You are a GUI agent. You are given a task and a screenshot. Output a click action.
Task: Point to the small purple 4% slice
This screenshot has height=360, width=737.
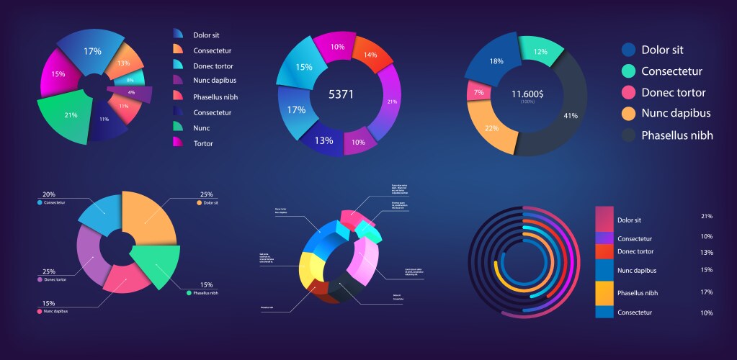[133, 93]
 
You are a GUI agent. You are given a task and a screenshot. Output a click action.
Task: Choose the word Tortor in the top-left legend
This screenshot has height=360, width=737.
[203, 143]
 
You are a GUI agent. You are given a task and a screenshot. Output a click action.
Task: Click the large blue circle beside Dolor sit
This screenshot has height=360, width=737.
[628, 50]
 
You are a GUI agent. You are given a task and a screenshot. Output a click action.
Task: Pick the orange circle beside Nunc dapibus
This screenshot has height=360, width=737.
[628, 113]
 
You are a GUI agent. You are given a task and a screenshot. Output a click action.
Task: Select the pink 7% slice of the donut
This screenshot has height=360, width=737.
[478, 93]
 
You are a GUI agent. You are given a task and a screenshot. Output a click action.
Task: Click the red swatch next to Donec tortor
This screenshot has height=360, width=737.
[604, 251]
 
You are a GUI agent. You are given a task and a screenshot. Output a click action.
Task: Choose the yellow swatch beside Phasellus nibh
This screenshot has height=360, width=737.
[604, 292]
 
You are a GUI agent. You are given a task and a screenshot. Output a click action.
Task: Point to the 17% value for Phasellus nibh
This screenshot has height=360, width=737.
[706, 292]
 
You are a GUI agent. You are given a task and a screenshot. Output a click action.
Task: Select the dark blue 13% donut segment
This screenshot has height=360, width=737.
[323, 139]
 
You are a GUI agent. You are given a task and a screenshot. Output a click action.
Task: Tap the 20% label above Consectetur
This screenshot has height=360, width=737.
[48, 194]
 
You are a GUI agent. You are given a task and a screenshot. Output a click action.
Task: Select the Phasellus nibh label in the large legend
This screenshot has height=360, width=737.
[677, 135]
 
